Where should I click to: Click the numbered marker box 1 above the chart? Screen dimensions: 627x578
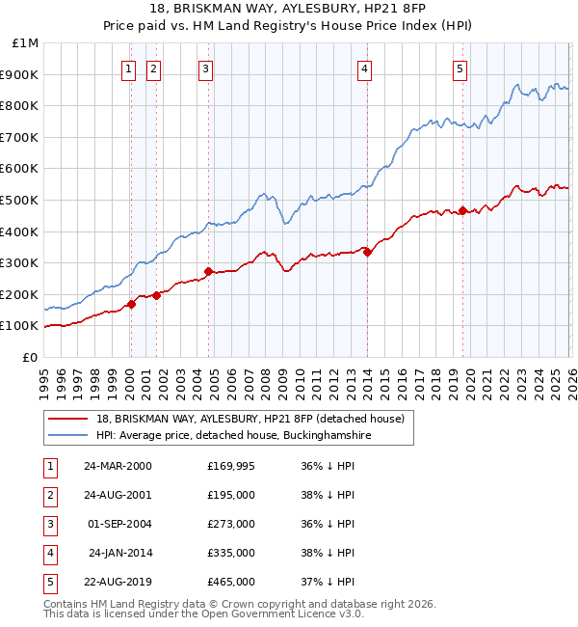coord(129,68)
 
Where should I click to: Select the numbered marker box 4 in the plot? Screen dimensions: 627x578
coord(365,68)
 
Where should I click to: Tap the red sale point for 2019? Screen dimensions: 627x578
coord(462,210)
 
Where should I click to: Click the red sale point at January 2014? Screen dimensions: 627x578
coord(367,252)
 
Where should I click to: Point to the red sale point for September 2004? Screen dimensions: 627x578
coord(208,271)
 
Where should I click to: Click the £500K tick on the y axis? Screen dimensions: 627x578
coord(18,200)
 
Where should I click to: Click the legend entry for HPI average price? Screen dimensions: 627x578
coord(233,435)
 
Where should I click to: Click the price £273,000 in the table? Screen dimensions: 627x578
coord(231,524)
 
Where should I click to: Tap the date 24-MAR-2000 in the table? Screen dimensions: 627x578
coord(118,466)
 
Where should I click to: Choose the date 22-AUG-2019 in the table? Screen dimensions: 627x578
coord(118,582)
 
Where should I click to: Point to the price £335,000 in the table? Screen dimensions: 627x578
coord(231,553)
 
